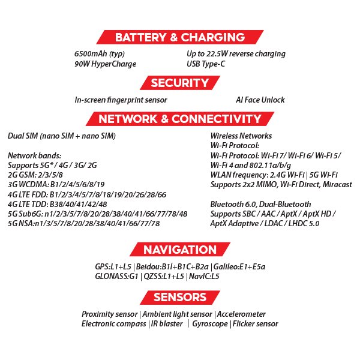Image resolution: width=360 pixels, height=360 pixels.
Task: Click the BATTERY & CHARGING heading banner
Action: point(180,37)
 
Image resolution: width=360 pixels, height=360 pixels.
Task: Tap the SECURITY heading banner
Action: point(179,83)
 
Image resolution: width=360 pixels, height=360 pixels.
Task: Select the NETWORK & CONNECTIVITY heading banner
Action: point(179,118)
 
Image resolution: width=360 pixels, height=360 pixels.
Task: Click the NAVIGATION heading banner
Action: point(179,250)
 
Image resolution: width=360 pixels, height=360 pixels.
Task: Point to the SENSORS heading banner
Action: point(179,297)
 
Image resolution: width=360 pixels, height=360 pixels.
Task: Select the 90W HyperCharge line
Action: point(106,64)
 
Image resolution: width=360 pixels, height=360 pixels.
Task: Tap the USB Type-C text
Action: point(206,64)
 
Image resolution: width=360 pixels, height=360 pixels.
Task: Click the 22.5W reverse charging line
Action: point(236,54)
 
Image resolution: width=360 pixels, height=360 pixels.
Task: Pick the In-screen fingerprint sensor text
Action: point(121,100)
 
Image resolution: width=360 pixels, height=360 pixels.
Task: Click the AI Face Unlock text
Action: point(260,100)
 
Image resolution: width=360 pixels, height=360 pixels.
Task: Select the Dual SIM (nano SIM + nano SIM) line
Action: point(62,136)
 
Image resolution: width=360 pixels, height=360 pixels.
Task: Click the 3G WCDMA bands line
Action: point(56,185)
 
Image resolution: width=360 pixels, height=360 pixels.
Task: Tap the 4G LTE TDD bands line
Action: point(58,204)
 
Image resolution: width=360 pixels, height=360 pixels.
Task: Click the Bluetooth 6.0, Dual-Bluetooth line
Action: point(261,204)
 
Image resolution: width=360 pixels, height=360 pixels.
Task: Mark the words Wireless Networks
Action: point(241,136)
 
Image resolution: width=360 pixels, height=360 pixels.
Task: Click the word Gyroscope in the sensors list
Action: point(210,324)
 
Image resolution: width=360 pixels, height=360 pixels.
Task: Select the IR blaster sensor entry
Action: point(167,324)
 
